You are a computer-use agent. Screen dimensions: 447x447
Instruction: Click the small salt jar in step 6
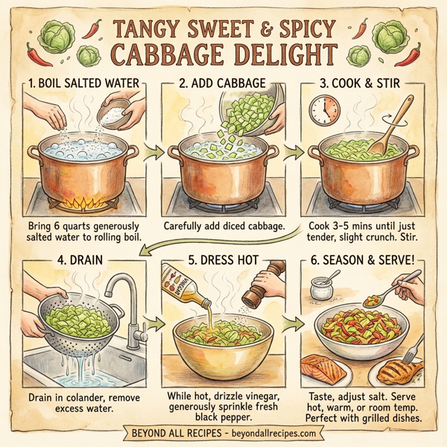(322, 288)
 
